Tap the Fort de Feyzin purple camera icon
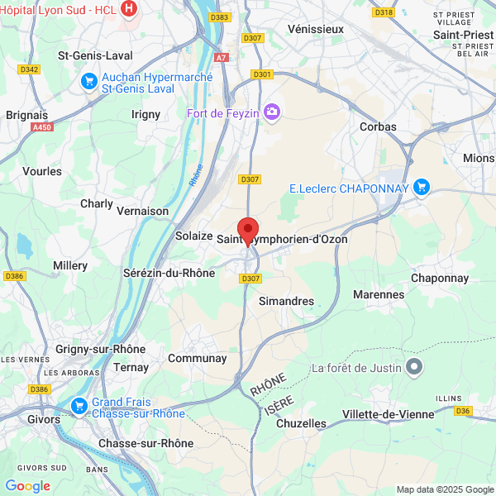272,112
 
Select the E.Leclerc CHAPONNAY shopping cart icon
422,188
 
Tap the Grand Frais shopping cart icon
79,405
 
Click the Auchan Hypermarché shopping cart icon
89,81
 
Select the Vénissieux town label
315,29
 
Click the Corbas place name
378,126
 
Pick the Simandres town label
286,301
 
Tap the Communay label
197,358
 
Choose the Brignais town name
27,116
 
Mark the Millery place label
70,265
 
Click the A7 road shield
221,58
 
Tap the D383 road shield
220,17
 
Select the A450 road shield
41,128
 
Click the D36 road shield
463,410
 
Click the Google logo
27,486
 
